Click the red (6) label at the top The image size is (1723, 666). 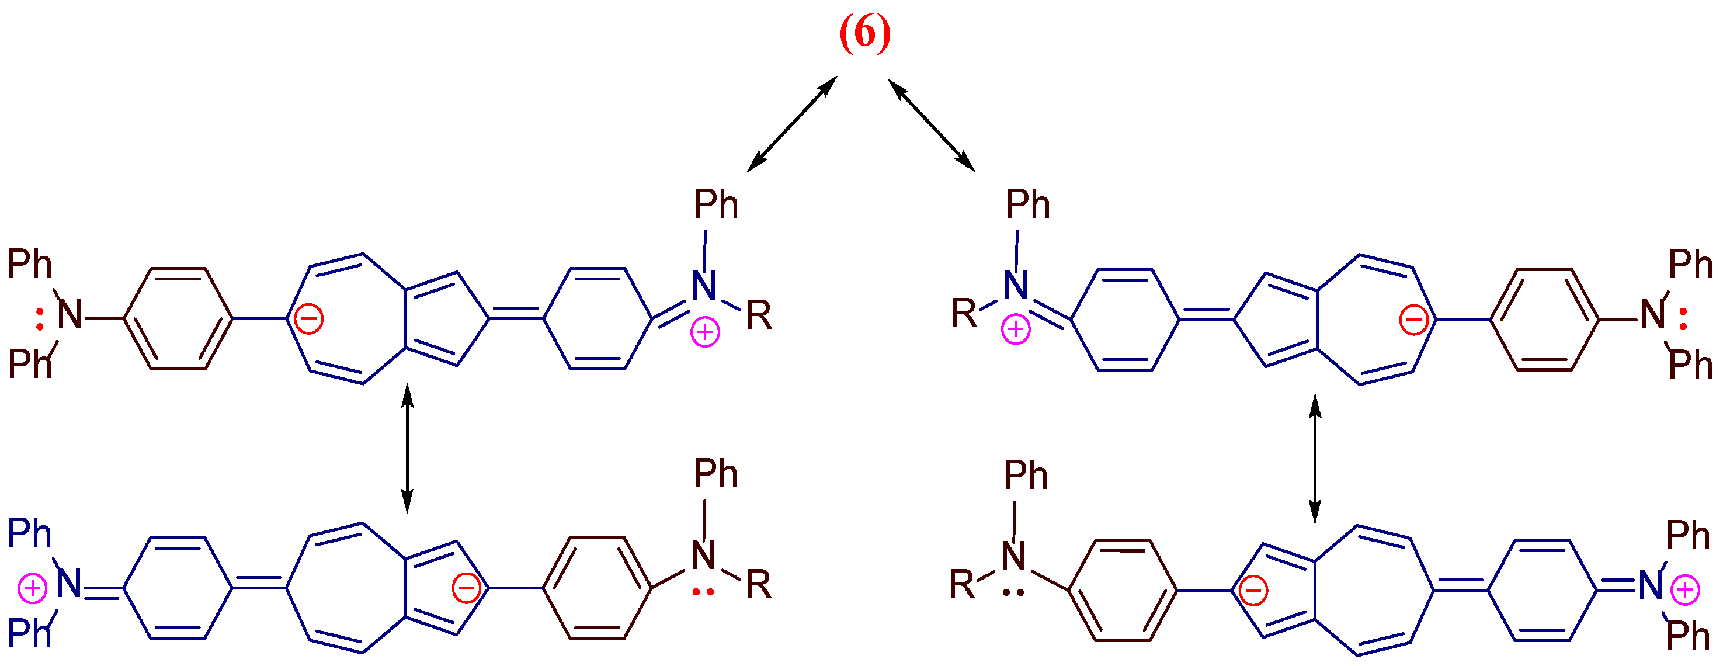pos(865,33)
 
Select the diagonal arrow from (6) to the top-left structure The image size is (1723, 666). pos(792,124)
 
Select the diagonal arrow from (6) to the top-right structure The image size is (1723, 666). pos(931,124)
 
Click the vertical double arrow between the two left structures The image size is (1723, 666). pos(407,449)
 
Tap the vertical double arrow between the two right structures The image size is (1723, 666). pos(1315,459)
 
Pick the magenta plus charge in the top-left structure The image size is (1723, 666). pos(705,332)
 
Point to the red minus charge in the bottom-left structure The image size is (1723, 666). pos(466,588)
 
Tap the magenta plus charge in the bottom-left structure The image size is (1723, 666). pos(32,589)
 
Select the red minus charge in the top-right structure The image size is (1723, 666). pos(1414,320)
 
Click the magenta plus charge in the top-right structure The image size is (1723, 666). pos(1015,329)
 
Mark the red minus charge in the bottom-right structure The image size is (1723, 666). pos(1253,591)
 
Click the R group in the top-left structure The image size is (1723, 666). pos(759,316)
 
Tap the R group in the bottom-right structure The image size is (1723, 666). pos(962,584)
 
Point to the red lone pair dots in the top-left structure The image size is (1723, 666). pos(40,318)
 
